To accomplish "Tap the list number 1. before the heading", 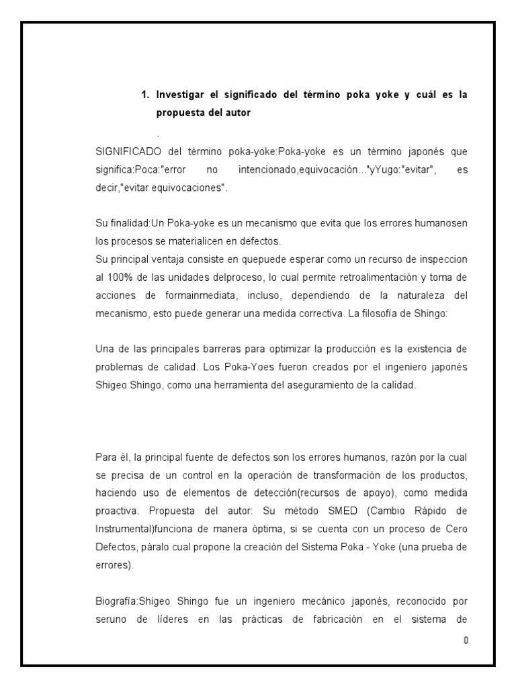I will (144, 95).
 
